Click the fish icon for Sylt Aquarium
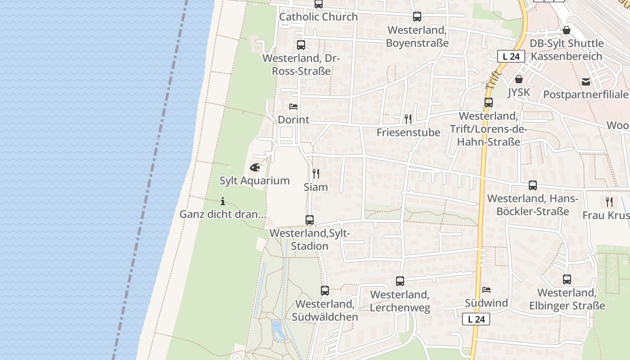click(x=255, y=168)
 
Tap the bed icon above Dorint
click(x=293, y=107)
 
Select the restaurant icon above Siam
click(x=316, y=174)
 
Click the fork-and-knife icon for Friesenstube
click(x=408, y=119)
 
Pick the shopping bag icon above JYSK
click(x=519, y=79)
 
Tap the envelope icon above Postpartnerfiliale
click(x=586, y=82)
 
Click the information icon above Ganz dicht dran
click(x=223, y=201)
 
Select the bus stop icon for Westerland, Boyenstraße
click(x=417, y=17)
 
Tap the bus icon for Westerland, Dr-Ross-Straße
click(x=301, y=45)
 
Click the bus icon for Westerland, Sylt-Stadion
click(x=310, y=220)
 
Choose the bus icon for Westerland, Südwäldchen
click(x=325, y=291)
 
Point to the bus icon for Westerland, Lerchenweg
click(x=400, y=281)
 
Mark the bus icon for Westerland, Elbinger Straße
click(x=567, y=279)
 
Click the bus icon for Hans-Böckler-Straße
click(x=533, y=185)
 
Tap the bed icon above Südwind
click(x=486, y=290)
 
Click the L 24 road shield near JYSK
click(x=511, y=57)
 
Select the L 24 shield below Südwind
click(x=476, y=319)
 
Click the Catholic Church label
click(x=319, y=17)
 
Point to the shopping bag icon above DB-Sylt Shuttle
click(x=567, y=30)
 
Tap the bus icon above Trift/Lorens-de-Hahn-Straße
click(x=489, y=103)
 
